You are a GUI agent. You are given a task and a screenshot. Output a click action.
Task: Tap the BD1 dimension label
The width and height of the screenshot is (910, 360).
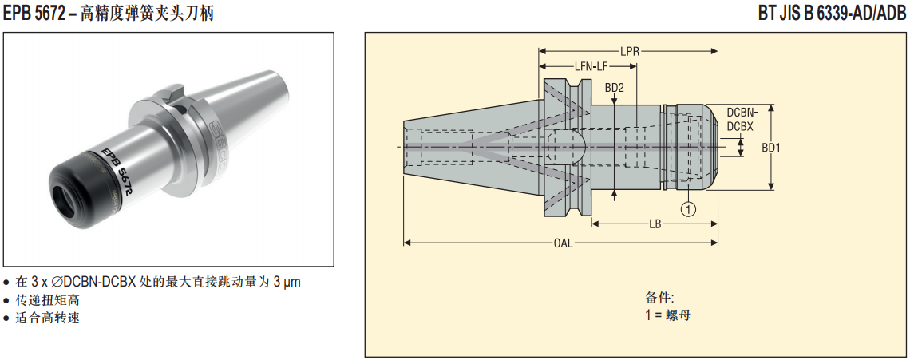pos(770,148)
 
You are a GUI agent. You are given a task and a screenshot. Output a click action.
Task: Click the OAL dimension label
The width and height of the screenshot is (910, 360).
pos(563,243)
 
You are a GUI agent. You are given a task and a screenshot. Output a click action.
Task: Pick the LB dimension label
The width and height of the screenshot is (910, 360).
pos(654,224)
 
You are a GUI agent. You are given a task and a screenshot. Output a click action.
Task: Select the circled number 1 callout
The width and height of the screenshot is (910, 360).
pos(687,208)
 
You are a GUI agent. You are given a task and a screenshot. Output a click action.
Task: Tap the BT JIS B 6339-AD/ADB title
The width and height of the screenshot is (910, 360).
pos(832,13)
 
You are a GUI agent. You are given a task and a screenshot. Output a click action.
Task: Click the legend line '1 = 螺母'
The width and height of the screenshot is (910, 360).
pos(668,315)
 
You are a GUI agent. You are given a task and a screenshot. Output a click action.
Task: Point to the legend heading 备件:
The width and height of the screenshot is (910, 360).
pos(659,298)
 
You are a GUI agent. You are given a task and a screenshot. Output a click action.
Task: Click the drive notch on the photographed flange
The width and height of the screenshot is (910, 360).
pos(176,97)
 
